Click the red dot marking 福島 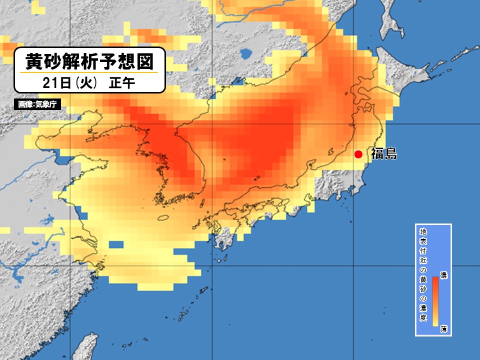click(x=358, y=154)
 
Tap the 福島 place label click(x=384, y=154)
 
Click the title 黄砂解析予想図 click(x=89, y=62)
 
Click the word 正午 click(x=121, y=83)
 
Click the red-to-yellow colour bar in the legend click(x=435, y=301)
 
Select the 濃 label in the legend click(x=443, y=274)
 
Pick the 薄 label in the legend click(x=443, y=329)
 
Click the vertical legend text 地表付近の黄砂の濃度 click(x=423, y=275)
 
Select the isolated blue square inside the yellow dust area click(x=115, y=245)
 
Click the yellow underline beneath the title click(x=89, y=73)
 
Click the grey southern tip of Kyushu click(x=222, y=240)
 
